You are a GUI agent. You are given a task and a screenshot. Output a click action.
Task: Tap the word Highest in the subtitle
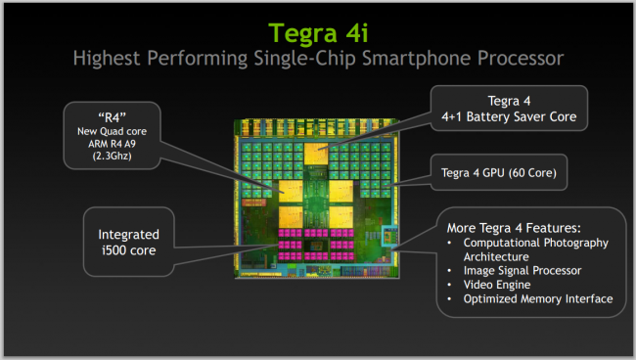point(108,58)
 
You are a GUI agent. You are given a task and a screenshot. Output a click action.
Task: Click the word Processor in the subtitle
point(516,58)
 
